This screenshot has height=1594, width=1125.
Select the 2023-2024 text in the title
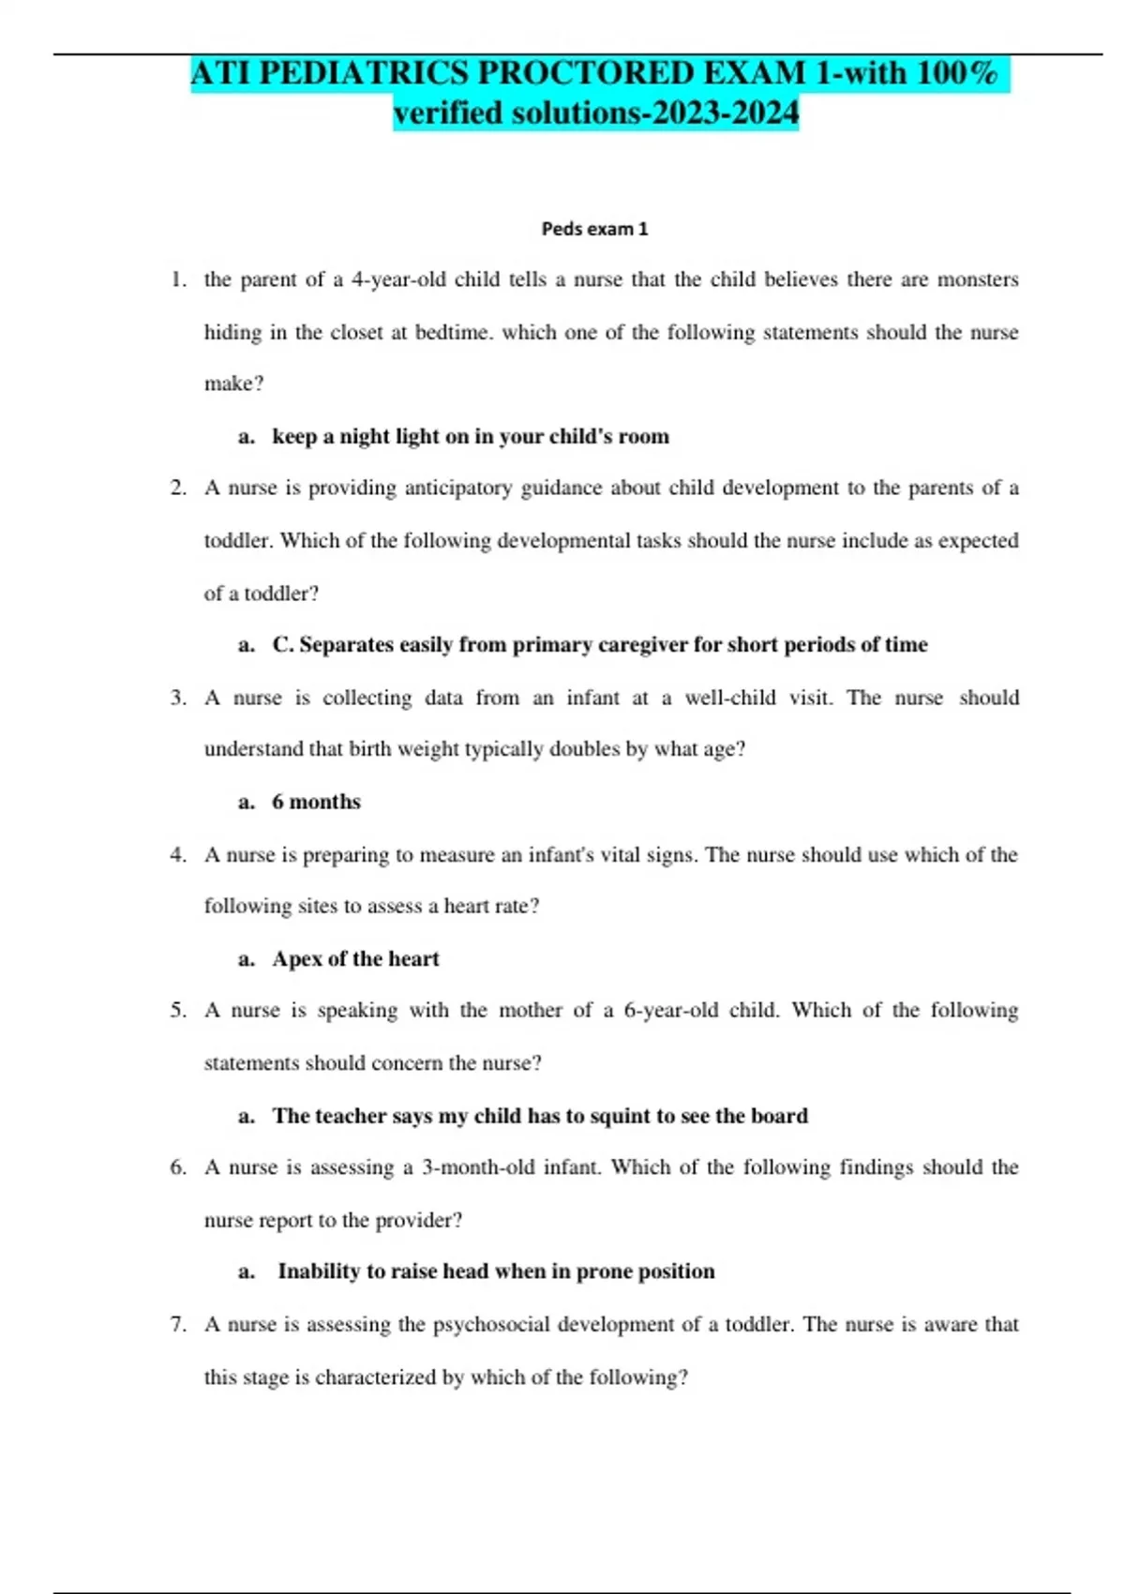point(726,113)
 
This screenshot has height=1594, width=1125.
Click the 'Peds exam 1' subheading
point(594,229)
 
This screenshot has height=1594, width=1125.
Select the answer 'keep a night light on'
point(470,436)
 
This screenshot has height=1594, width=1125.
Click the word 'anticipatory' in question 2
point(457,488)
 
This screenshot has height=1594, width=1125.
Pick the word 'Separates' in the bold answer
point(347,645)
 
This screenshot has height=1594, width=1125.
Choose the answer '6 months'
point(316,802)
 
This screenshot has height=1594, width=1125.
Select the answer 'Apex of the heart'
point(355,959)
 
